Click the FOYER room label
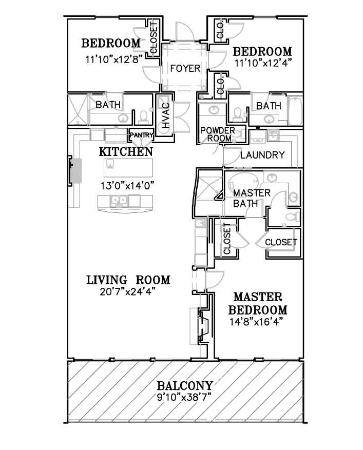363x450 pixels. point(185,68)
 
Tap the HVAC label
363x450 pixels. point(166,115)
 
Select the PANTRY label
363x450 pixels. point(141,134)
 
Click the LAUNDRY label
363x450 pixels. point(262,155)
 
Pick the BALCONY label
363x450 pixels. point(185,385)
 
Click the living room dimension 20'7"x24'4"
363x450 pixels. point(128,291)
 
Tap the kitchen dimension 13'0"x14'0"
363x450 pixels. point(127,185)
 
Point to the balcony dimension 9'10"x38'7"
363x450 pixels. point(184,398)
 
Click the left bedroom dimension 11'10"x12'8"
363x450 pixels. point(114,60)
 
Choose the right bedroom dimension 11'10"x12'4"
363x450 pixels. point(263,63)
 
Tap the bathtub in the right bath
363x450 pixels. point(295,111)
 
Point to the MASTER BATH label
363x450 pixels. point(252,198)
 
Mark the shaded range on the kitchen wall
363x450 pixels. point(77,170)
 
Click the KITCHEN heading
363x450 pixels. point(126,152)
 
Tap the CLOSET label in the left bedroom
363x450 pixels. point(154,38)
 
